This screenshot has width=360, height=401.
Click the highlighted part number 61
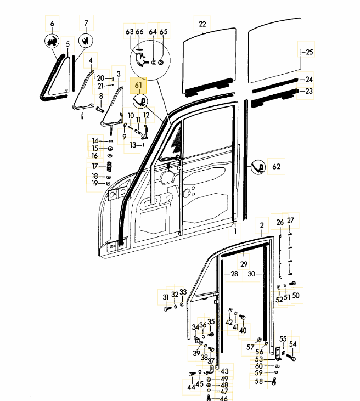(x=138, y=86)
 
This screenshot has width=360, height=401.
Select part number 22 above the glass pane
(x=203, y=24)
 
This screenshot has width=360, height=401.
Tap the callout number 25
(x=309, y=52)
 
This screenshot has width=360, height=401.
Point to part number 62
(x=276, y=166)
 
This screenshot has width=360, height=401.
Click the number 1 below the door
(x=236, y=231)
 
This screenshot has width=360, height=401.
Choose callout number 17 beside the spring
(x=95, y=166)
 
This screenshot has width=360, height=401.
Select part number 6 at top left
(x=52, y=24)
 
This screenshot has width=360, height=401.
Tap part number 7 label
(x=86, y=24)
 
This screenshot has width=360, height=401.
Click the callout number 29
(x=244, y=264)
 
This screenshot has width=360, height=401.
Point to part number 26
(x=280, y=222)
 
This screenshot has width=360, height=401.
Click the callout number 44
(x=190, y=387)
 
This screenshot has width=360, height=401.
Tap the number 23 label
(x=309, y=91)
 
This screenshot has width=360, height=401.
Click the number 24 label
(x=309, y=79)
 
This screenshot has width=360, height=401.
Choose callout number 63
(x=130, y=32)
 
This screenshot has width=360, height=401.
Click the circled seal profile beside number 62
(x=259, y=167)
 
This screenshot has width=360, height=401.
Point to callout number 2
(x=262, y=225)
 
